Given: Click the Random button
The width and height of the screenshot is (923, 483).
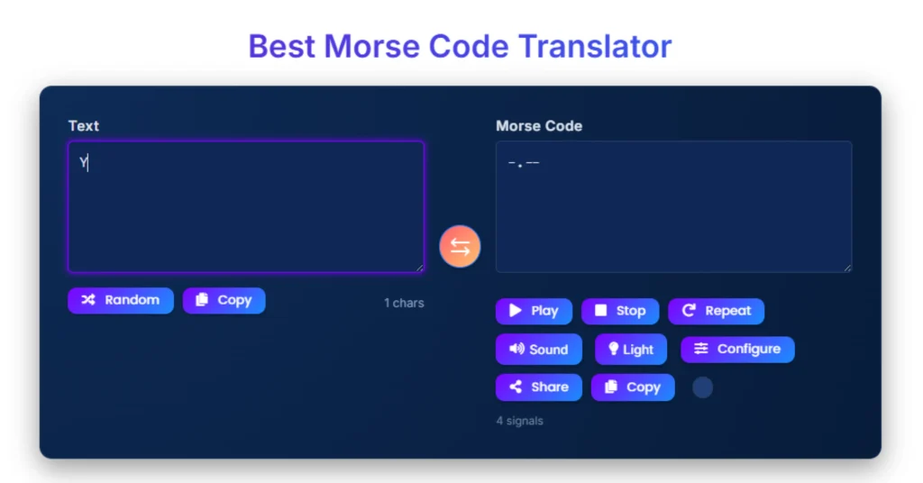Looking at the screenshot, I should coord(120,300).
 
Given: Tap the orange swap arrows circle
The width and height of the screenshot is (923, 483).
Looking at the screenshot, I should coord(460,247).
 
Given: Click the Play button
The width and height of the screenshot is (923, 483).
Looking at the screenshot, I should coord(534,311).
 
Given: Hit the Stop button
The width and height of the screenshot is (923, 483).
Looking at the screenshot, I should coord(619,311).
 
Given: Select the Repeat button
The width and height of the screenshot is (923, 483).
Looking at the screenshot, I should coord(716,311).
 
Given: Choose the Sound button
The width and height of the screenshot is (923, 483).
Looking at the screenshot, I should coord(538,350).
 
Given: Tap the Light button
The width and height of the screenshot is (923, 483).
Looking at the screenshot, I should coord(630,350).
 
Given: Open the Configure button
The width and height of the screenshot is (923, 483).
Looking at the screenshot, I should coord(736,349).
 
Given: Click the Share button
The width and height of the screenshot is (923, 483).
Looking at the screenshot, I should coord(538,387).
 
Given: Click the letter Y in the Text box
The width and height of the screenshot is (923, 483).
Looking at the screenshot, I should coord(83,163).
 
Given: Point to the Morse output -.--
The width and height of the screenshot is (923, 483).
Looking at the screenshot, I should coord(524,163).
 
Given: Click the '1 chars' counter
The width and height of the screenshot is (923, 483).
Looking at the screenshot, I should coord(404,303).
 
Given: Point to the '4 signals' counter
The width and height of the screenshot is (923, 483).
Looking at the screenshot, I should coord(519,421).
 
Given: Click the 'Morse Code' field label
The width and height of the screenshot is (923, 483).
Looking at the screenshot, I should coord(538,126).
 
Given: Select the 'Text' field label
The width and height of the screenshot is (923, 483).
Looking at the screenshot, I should coord(83,126).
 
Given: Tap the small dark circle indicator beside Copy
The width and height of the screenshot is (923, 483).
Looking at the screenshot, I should coord(702,387).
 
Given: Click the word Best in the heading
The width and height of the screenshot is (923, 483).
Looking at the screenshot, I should coord(281,46).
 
